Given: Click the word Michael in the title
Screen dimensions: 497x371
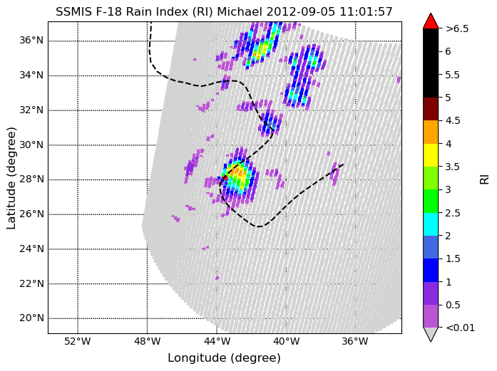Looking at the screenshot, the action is pyautogui.click(x=240, y=11).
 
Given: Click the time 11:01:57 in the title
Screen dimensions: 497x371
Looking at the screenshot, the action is pyautogui.click(x=366, y=11).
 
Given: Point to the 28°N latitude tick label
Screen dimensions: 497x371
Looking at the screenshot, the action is pyautogui.click(x=31, y=179).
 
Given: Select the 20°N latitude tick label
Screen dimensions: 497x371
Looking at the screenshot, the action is pyautogui.click(x=31, y=318).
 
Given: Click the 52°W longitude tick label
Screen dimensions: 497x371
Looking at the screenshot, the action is pyautogui.click(x=78, y=341).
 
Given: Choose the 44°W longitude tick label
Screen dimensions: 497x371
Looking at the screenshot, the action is pyautogui.click(x=217, y=341).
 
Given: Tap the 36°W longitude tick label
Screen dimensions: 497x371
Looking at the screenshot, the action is pyautogui.click(x=355, y=341).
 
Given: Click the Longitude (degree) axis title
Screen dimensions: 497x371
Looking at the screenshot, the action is pyautogui.click(x=224, y=358).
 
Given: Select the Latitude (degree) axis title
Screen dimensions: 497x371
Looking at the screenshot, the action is pyautogui.click(x=11, y=178).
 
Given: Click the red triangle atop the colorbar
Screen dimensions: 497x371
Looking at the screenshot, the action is pyautogui.click(x=431, y=22).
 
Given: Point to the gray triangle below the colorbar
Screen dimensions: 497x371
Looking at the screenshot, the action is pyautogui.click(x=431, y=333).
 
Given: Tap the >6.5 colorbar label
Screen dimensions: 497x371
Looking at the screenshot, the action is pyautogui.click(x=457, y=28).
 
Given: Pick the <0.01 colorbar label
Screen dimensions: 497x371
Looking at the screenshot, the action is pyautogui.click(x=460, y=328).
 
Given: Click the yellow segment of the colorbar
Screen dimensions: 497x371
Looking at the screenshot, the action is pyautogui.click(x=431, y=155).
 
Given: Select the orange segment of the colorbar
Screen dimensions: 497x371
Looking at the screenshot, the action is pyautogui.click(x=431, y=132).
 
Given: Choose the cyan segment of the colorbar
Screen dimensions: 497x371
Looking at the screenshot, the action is pyautogui.click(x=431, y=224).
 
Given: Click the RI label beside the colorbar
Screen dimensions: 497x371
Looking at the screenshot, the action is pyautogui.click(x=485, y=179).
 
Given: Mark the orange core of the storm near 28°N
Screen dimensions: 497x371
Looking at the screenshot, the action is pyautogui.click(x=237, y=172).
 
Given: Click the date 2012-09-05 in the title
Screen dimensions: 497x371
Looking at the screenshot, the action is pyautogui.click(x=300, y=11).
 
